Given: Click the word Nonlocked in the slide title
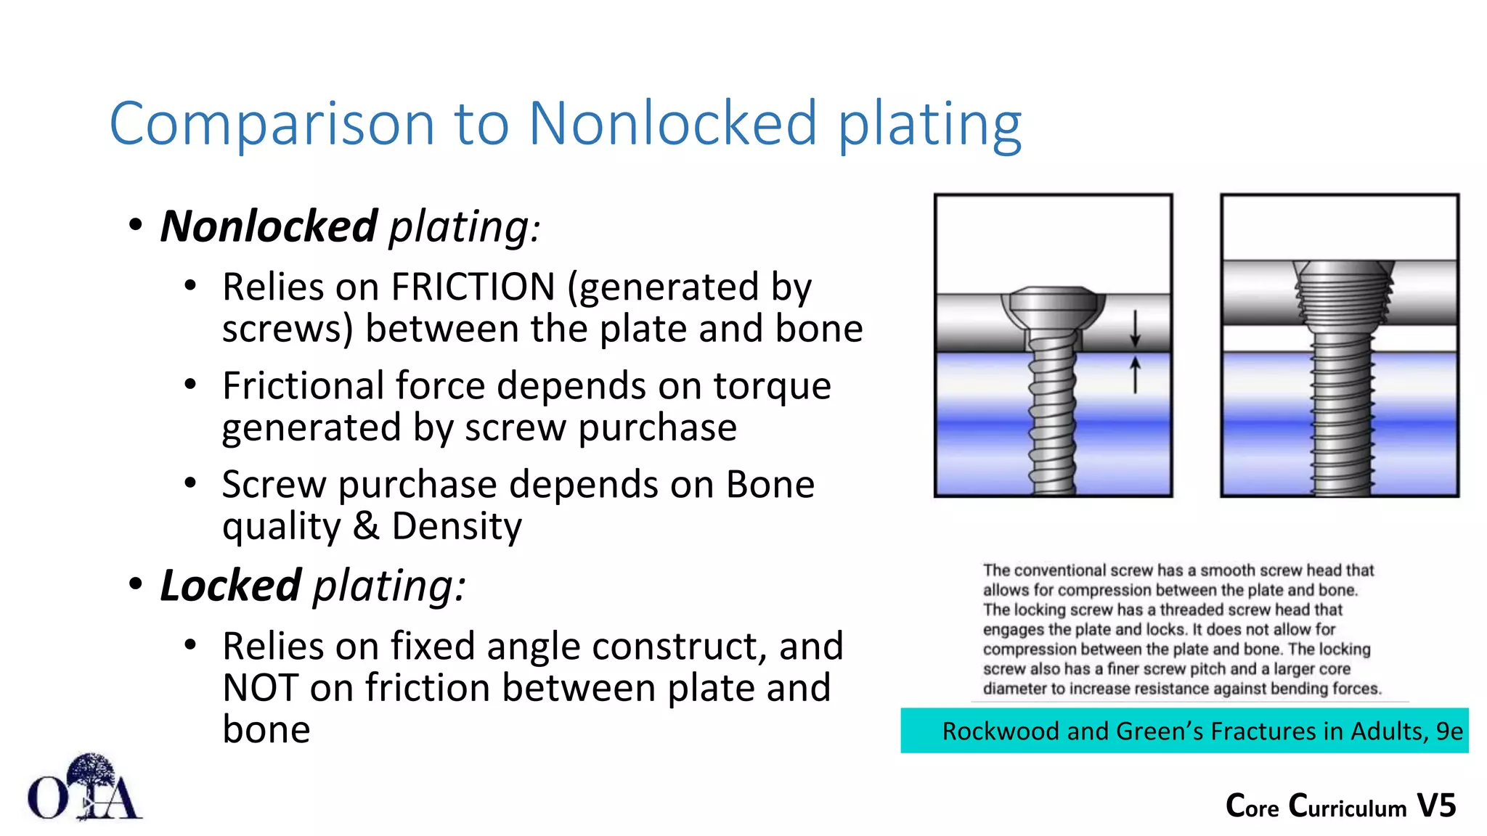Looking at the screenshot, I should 672,123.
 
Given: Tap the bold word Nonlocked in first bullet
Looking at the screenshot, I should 269,226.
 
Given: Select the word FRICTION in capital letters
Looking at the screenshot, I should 473,287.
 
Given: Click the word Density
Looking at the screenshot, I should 457,525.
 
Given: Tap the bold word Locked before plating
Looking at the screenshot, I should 230,586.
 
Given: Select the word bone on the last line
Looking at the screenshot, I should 266,729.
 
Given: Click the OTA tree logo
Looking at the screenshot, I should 86,788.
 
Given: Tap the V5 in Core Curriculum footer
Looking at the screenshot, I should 1436,806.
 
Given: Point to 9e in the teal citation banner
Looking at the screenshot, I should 1449,731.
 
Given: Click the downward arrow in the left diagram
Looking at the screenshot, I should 1135,329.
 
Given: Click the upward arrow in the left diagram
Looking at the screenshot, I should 1135,374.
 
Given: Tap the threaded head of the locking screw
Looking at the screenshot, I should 1343,290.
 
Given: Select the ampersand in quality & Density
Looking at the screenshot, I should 366,525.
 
